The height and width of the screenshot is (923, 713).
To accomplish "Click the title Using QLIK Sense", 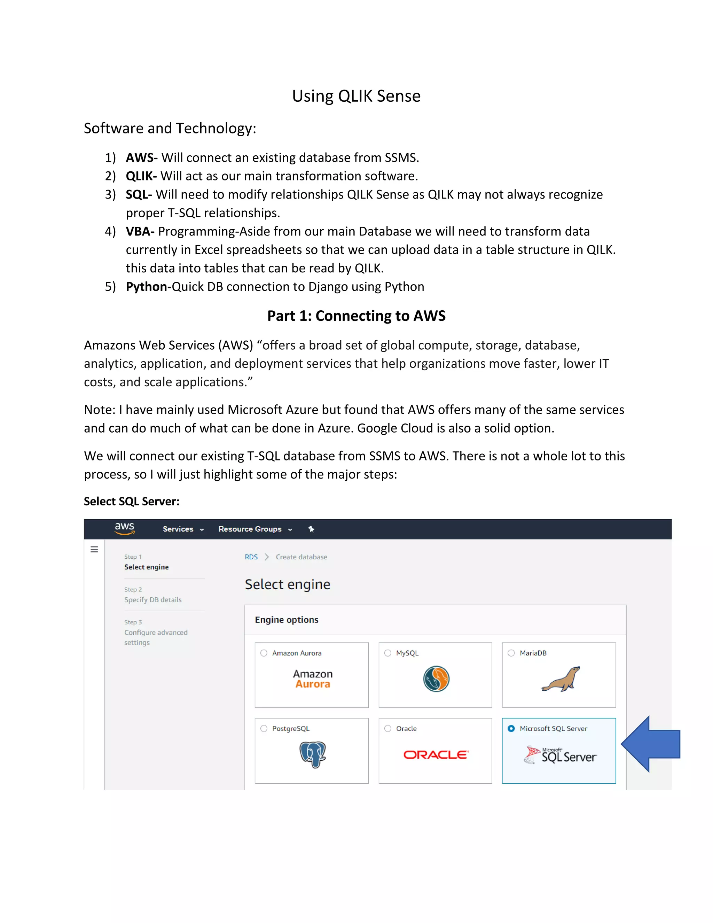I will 356,96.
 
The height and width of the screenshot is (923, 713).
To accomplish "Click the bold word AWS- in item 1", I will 141,158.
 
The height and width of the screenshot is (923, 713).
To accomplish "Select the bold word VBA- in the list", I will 140,231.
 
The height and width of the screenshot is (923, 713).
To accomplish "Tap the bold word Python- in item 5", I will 148,287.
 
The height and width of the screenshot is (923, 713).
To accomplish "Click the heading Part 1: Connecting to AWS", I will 356,316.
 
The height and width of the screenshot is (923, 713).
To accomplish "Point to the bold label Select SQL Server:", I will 131,501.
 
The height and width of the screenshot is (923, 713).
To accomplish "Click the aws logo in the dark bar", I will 125,528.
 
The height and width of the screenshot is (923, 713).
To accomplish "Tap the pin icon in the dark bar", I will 311,529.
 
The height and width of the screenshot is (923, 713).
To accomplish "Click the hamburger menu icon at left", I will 94,549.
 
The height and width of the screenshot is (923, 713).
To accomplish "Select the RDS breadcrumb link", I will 251,557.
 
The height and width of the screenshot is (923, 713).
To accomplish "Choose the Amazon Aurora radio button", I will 264,653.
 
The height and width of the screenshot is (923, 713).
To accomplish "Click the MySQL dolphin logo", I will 436,679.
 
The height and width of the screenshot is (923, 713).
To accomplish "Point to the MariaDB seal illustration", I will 561,679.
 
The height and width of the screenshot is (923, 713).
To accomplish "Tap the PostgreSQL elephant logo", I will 313,754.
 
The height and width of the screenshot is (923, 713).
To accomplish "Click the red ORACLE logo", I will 436,755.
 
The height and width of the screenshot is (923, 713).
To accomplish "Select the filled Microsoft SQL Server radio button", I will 511,729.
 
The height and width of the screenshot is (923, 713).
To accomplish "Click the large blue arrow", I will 653,744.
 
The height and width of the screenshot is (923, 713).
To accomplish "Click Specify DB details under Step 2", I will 152,600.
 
